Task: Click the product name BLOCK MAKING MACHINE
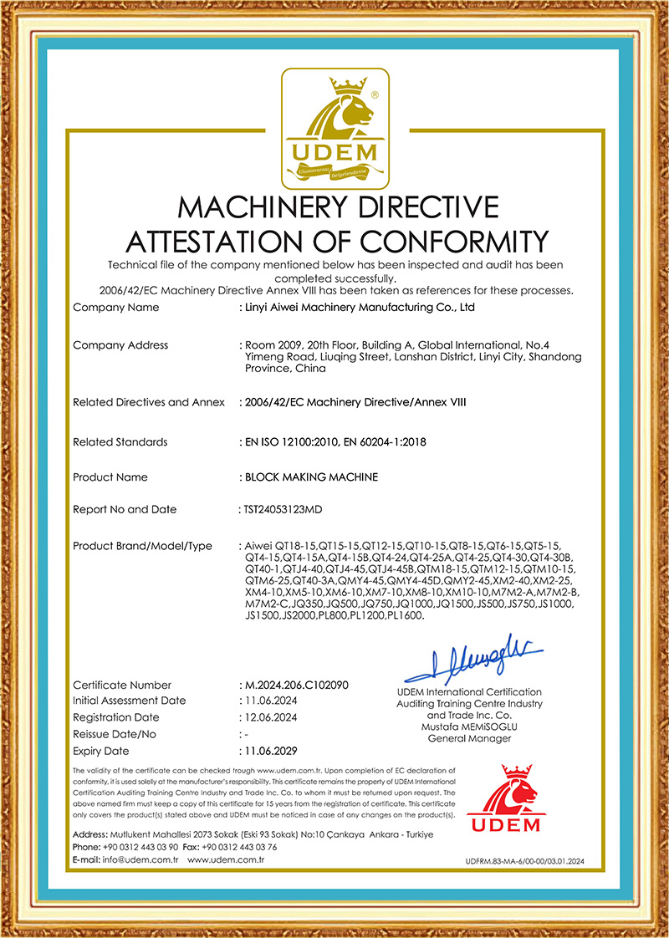point(311,477)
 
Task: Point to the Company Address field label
point(120,345)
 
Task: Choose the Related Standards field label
point(120,441)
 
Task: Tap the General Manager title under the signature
point(467,738)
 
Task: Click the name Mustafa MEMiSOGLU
point(467,727)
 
